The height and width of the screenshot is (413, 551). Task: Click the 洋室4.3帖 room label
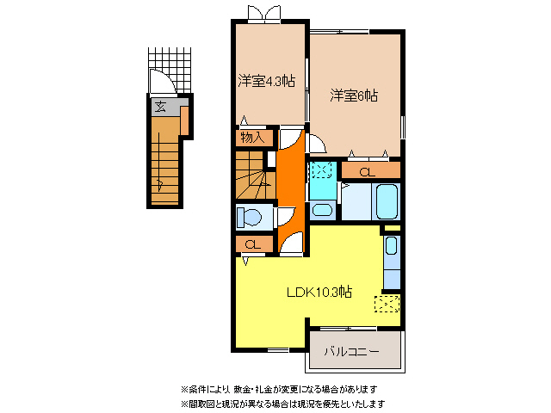click(x=267, y=82)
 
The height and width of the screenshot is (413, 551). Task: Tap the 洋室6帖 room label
click(x=354, y=96)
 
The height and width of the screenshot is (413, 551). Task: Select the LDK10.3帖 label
click(x=319, y=291)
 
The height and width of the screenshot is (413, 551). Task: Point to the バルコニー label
click(x=353, y=351)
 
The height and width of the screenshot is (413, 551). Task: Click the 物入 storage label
click(x=252, y=137)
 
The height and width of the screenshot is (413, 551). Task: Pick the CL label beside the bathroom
click(x=368, y=172)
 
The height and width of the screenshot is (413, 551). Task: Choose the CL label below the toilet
click(x=252, y=245)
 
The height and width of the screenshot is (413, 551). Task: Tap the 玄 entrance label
click(x=161, y=108)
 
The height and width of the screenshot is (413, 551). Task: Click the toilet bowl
click(x=252, y=216)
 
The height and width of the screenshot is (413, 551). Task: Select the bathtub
click(x=385, y=205)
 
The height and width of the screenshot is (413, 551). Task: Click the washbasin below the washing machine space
click(x=322, y=210)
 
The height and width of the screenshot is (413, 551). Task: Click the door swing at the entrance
click(x=162, y=84)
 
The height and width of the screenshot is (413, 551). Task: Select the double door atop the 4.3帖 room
click(x=261, y=14)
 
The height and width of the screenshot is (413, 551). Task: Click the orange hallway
click(x=289, y=181)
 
